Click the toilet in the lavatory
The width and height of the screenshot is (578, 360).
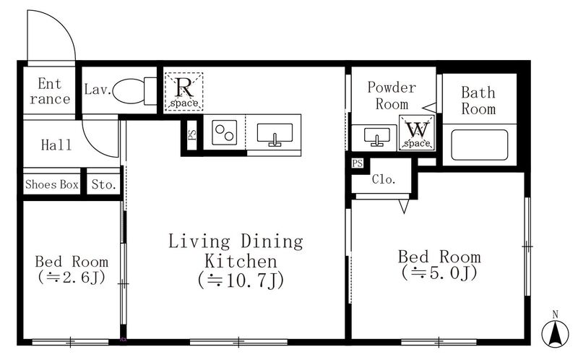click(x=134, y=91)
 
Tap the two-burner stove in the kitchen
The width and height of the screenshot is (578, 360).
click(x=225, y=133)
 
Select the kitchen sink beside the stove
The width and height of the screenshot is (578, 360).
click(x=275, y=134)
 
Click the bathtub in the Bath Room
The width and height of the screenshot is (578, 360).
click(x=479, y=145)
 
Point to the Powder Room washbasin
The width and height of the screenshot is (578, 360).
click(x=376, y=137)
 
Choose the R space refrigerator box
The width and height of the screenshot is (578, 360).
click(x=184, y=91)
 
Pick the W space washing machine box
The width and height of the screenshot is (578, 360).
click(x=417, y=133)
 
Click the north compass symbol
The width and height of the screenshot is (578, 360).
click(x=555, y=332)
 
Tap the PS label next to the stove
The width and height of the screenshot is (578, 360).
click(x=192, y=134)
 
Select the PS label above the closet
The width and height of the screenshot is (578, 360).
click(x=357, y=163)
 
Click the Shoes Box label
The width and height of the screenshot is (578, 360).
click(x=52, y=184)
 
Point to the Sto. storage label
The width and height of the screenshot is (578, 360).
click(x=104, y=184)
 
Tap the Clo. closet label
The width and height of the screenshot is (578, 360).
click(x=384, y=179)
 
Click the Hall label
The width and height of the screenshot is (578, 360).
click(x=56, y=145)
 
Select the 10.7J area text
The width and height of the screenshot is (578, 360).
click(x=241, y=280)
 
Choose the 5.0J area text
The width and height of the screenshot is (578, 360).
click(x=439, y=273)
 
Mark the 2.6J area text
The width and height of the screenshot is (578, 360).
click(x=72, y=278)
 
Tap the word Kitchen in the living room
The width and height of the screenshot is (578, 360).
click(x=241, y=261)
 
